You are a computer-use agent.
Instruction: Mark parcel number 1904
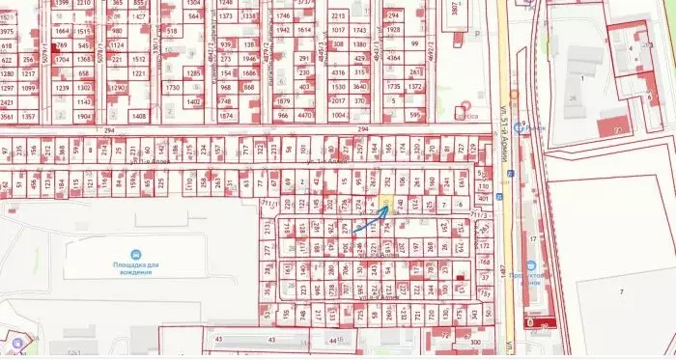85,116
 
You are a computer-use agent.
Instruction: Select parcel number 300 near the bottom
474,342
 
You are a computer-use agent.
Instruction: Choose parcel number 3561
7,116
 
